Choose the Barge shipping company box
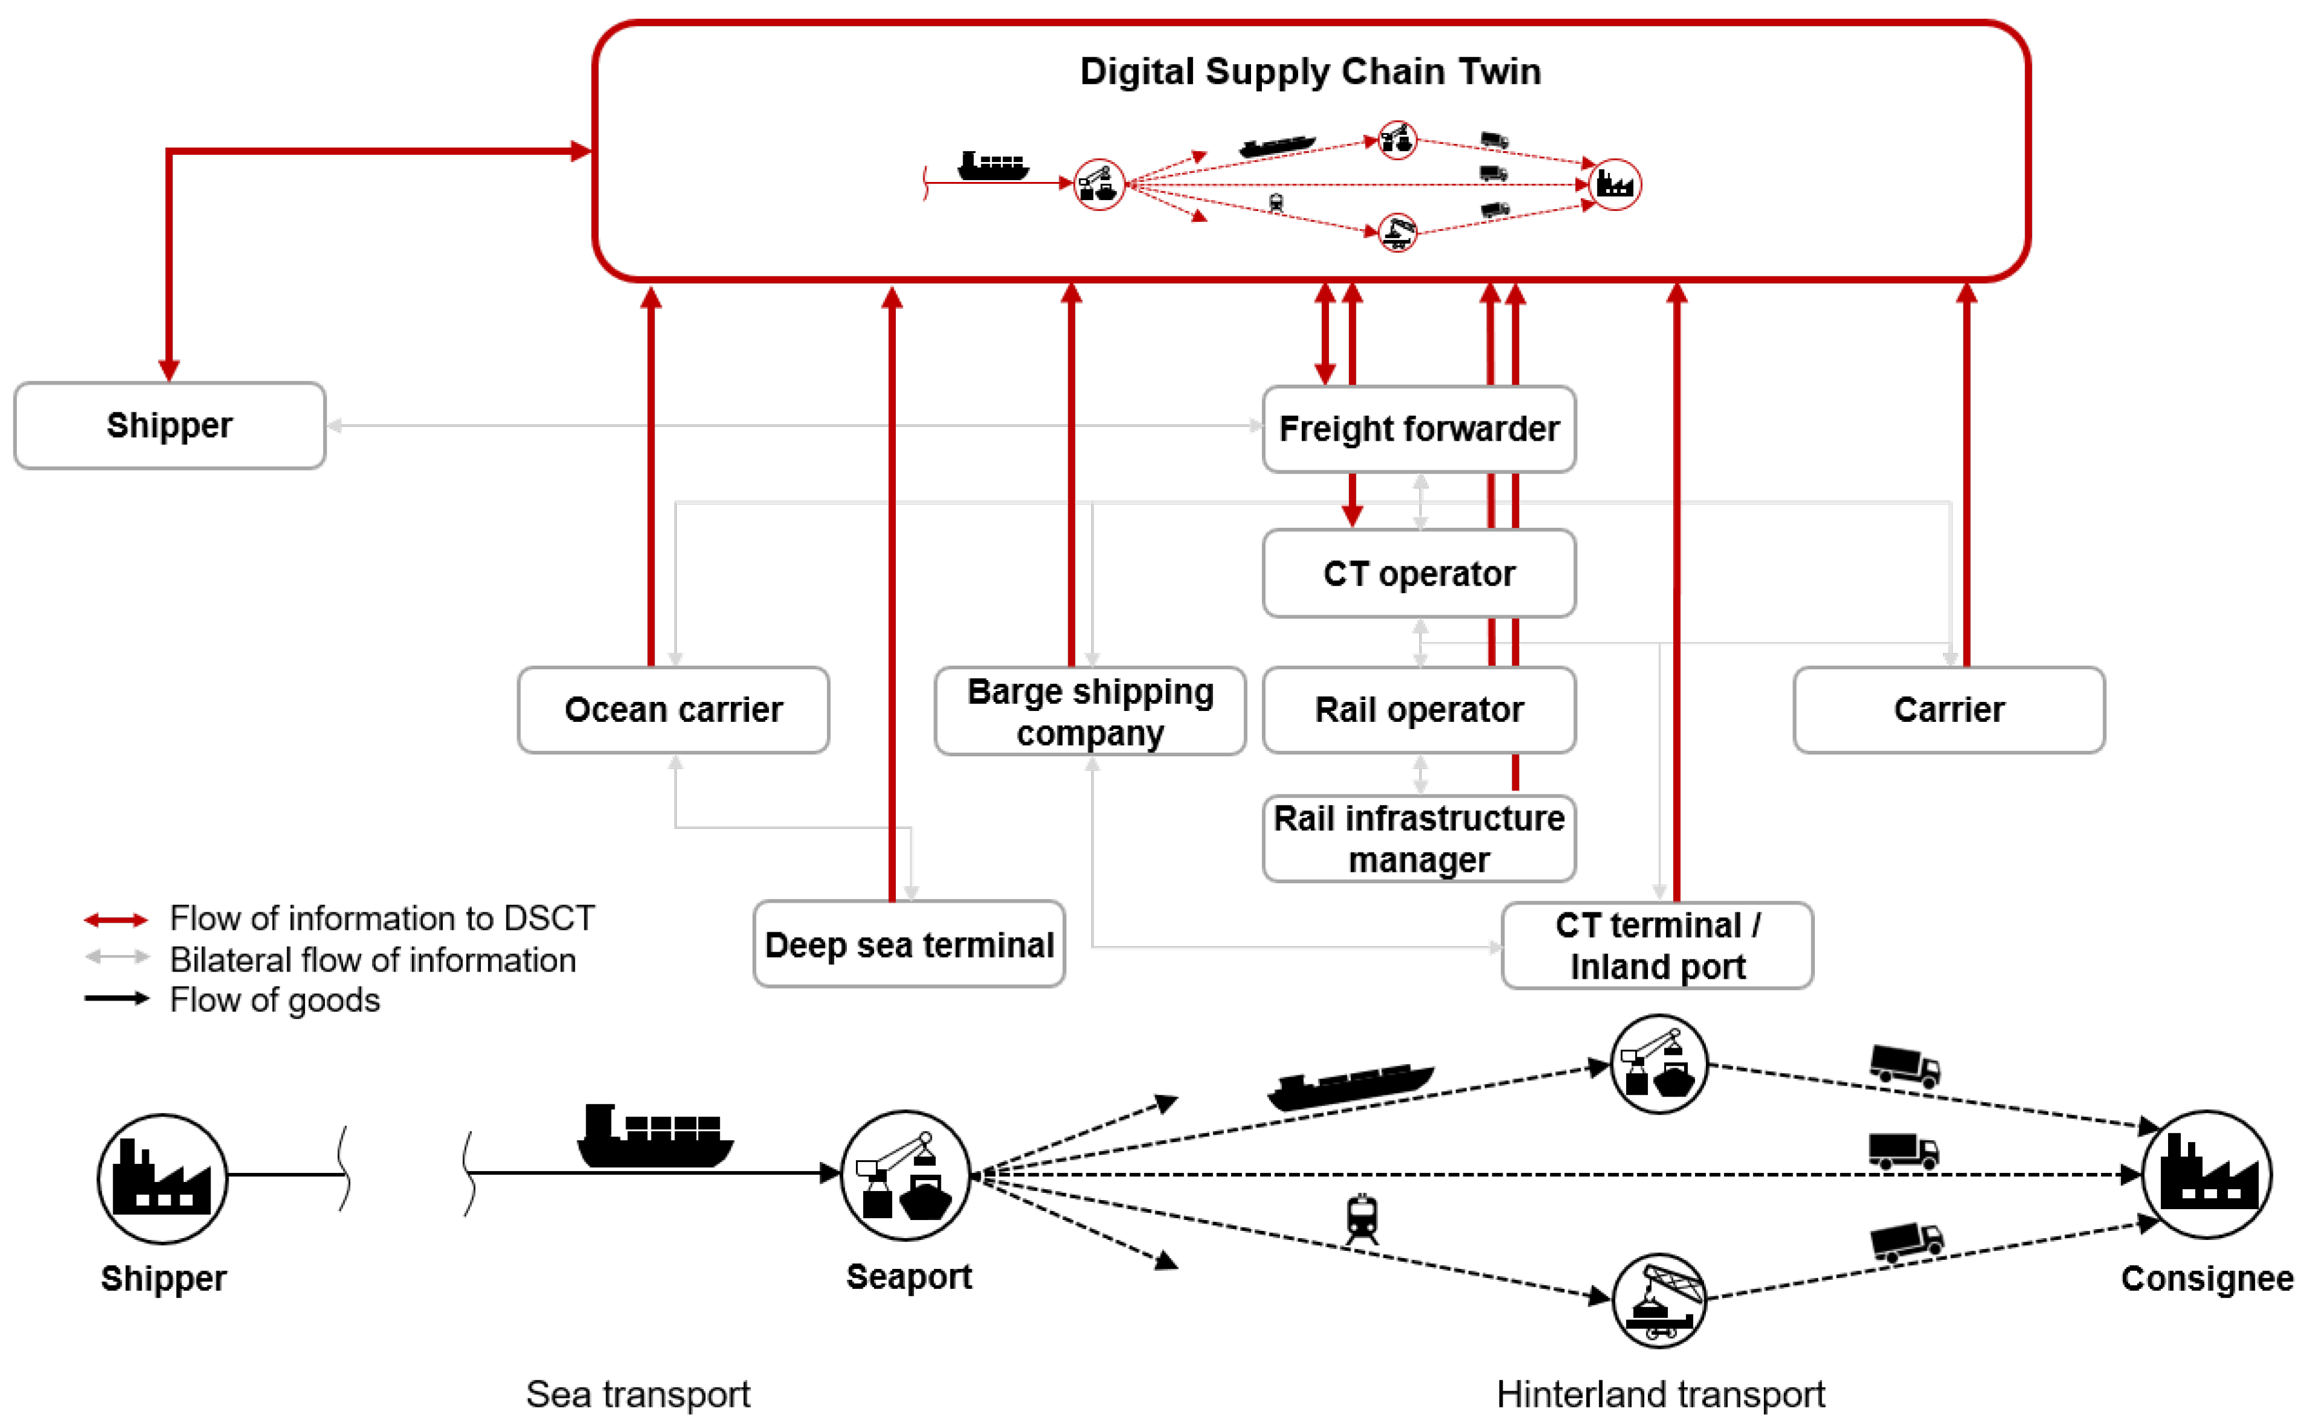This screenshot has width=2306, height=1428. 1089,711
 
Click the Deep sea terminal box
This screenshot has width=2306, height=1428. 908,944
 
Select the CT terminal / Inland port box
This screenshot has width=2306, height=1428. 1656,946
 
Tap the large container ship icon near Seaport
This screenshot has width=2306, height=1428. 654,1135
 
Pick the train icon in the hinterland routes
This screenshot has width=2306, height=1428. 1360,1218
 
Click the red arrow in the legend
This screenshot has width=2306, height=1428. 116,919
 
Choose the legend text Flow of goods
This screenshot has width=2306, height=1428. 274,999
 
